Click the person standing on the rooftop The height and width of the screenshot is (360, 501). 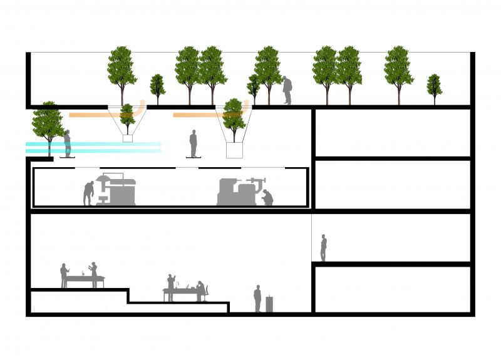[287, 90]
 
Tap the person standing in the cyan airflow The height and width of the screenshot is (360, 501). [67, 144]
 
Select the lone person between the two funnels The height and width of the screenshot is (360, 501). [194, 143]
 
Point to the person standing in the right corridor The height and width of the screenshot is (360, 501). [323, 248]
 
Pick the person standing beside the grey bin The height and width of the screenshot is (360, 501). [257, 299]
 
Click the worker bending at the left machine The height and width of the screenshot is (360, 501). [88, 193]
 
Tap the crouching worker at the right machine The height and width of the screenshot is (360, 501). [267, 197]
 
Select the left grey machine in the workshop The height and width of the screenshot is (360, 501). [118, 191]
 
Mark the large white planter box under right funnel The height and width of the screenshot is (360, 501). [234, 150]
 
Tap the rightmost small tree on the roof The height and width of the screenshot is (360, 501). [434, 88]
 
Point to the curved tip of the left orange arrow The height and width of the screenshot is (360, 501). [142, 101]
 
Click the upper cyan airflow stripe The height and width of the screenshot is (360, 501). [94, 144]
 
